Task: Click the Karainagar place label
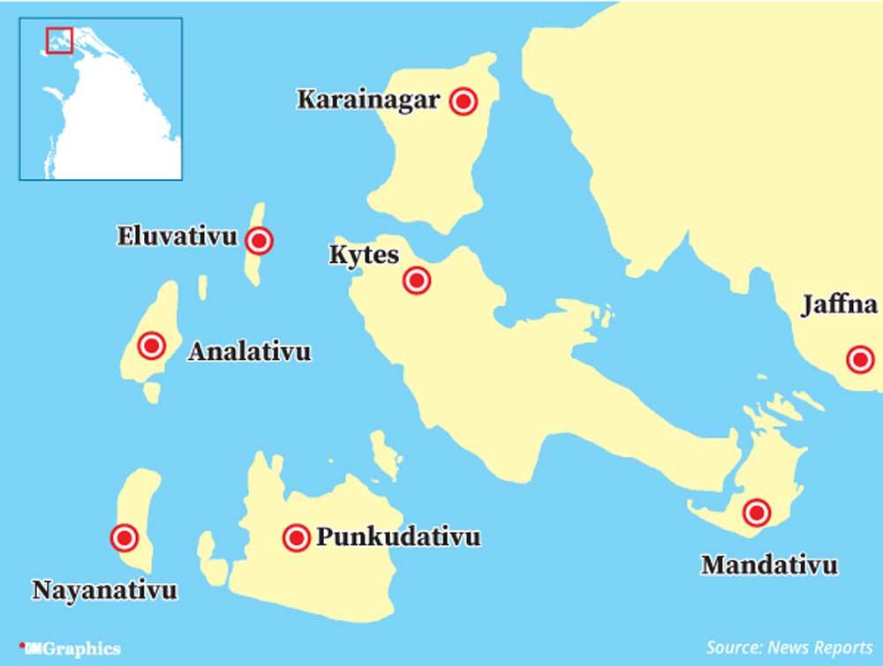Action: click(x=367, y=99)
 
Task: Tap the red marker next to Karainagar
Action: click(x=463, y=101)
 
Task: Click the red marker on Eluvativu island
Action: click(x=258, y=240)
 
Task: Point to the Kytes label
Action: click(x=364, y=256)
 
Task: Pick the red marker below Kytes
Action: click(x=416, y=281)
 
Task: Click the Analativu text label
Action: click(x=249, y=352)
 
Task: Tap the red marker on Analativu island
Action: click(x=152, y=346)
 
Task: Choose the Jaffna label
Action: click(x=839, y=306)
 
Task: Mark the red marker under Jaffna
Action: click(x=858, y=359)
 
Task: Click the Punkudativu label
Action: click(x=397, y=536)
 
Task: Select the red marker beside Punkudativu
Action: click(x=296, y=537)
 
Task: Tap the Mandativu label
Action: click(x=768, y=565)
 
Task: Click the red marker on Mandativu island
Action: click(x=756, y=512)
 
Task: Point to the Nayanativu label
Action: click(x=104, y=589)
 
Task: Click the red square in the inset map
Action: click(x=58, y=40)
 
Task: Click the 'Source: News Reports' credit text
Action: click(x=789, y=647)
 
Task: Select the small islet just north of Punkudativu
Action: click(x=384, y=455)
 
